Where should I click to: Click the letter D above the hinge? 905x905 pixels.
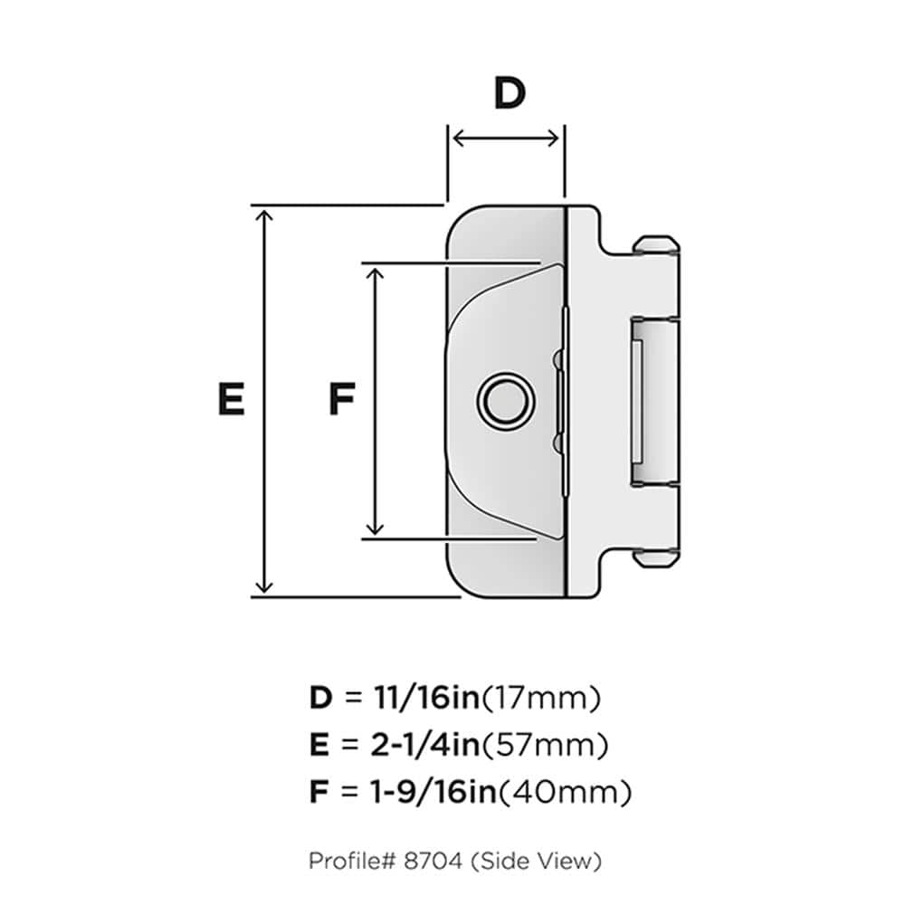coord(510,94)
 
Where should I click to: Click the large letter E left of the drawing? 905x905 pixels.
coord(231,399)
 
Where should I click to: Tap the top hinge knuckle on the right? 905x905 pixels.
coord(656,245)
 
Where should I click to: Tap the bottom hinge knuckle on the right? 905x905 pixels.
coord(656,556)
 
